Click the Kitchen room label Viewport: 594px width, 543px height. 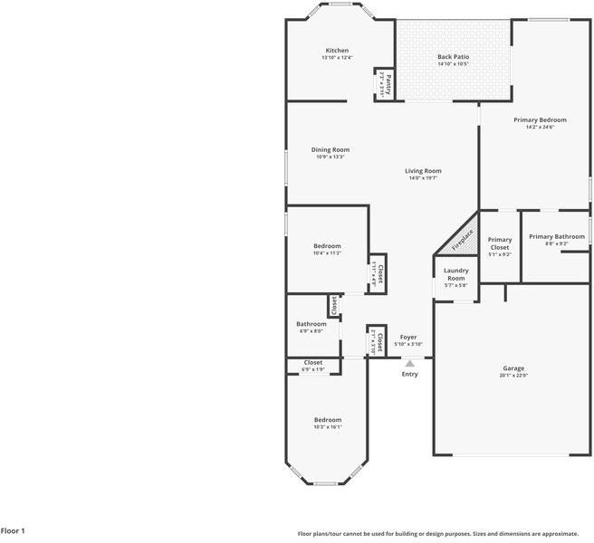tap(337, 51)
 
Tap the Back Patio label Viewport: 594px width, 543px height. tap(453, 57)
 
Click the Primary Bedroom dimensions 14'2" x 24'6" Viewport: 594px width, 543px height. tap(540, 128)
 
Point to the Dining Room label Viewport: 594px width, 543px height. tap(331, 150)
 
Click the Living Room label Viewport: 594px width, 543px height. tap(423, 171)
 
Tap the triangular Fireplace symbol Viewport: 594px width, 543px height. tap(462, 239)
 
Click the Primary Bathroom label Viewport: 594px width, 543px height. tap(557, 237)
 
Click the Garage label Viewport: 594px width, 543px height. tap(513, 368)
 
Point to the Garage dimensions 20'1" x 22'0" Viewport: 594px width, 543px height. tap(513, 376)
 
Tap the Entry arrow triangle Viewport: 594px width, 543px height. tap(409, 364)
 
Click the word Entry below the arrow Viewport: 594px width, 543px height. tap(410, 374)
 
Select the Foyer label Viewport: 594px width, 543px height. tap(409, 337)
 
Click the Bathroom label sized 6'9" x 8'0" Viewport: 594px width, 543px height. tap(311, 324)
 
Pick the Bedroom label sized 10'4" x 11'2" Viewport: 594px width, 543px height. tap(327, 246)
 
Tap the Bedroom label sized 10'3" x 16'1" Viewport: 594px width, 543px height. tap(328, 420)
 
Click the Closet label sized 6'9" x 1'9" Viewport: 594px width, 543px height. tap(312, 363)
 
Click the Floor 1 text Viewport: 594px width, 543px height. tap(13, 531)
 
